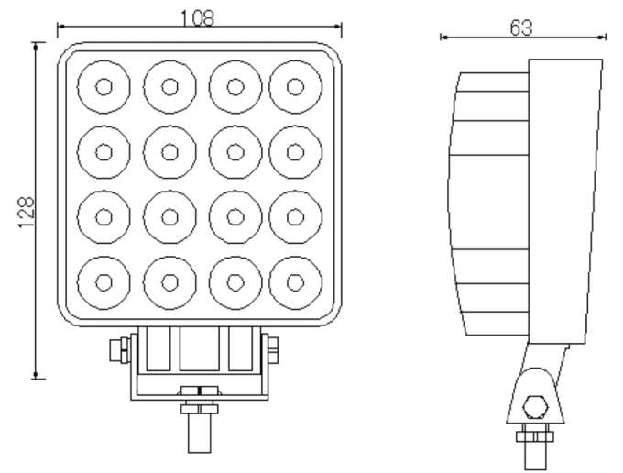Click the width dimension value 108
(x=198, y=18)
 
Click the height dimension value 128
(x=27, y=213)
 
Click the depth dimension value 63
(x=521, y=27)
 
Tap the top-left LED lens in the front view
(x=104, y=87)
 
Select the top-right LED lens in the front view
(x=296, y=87)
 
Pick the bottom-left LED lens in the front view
(x=104, y=282)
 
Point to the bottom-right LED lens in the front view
(x=296, y=282)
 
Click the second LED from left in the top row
(x=169, y=87)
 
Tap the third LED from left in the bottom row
(x=235, y=282)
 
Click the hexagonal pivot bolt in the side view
(x=536, y=407)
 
